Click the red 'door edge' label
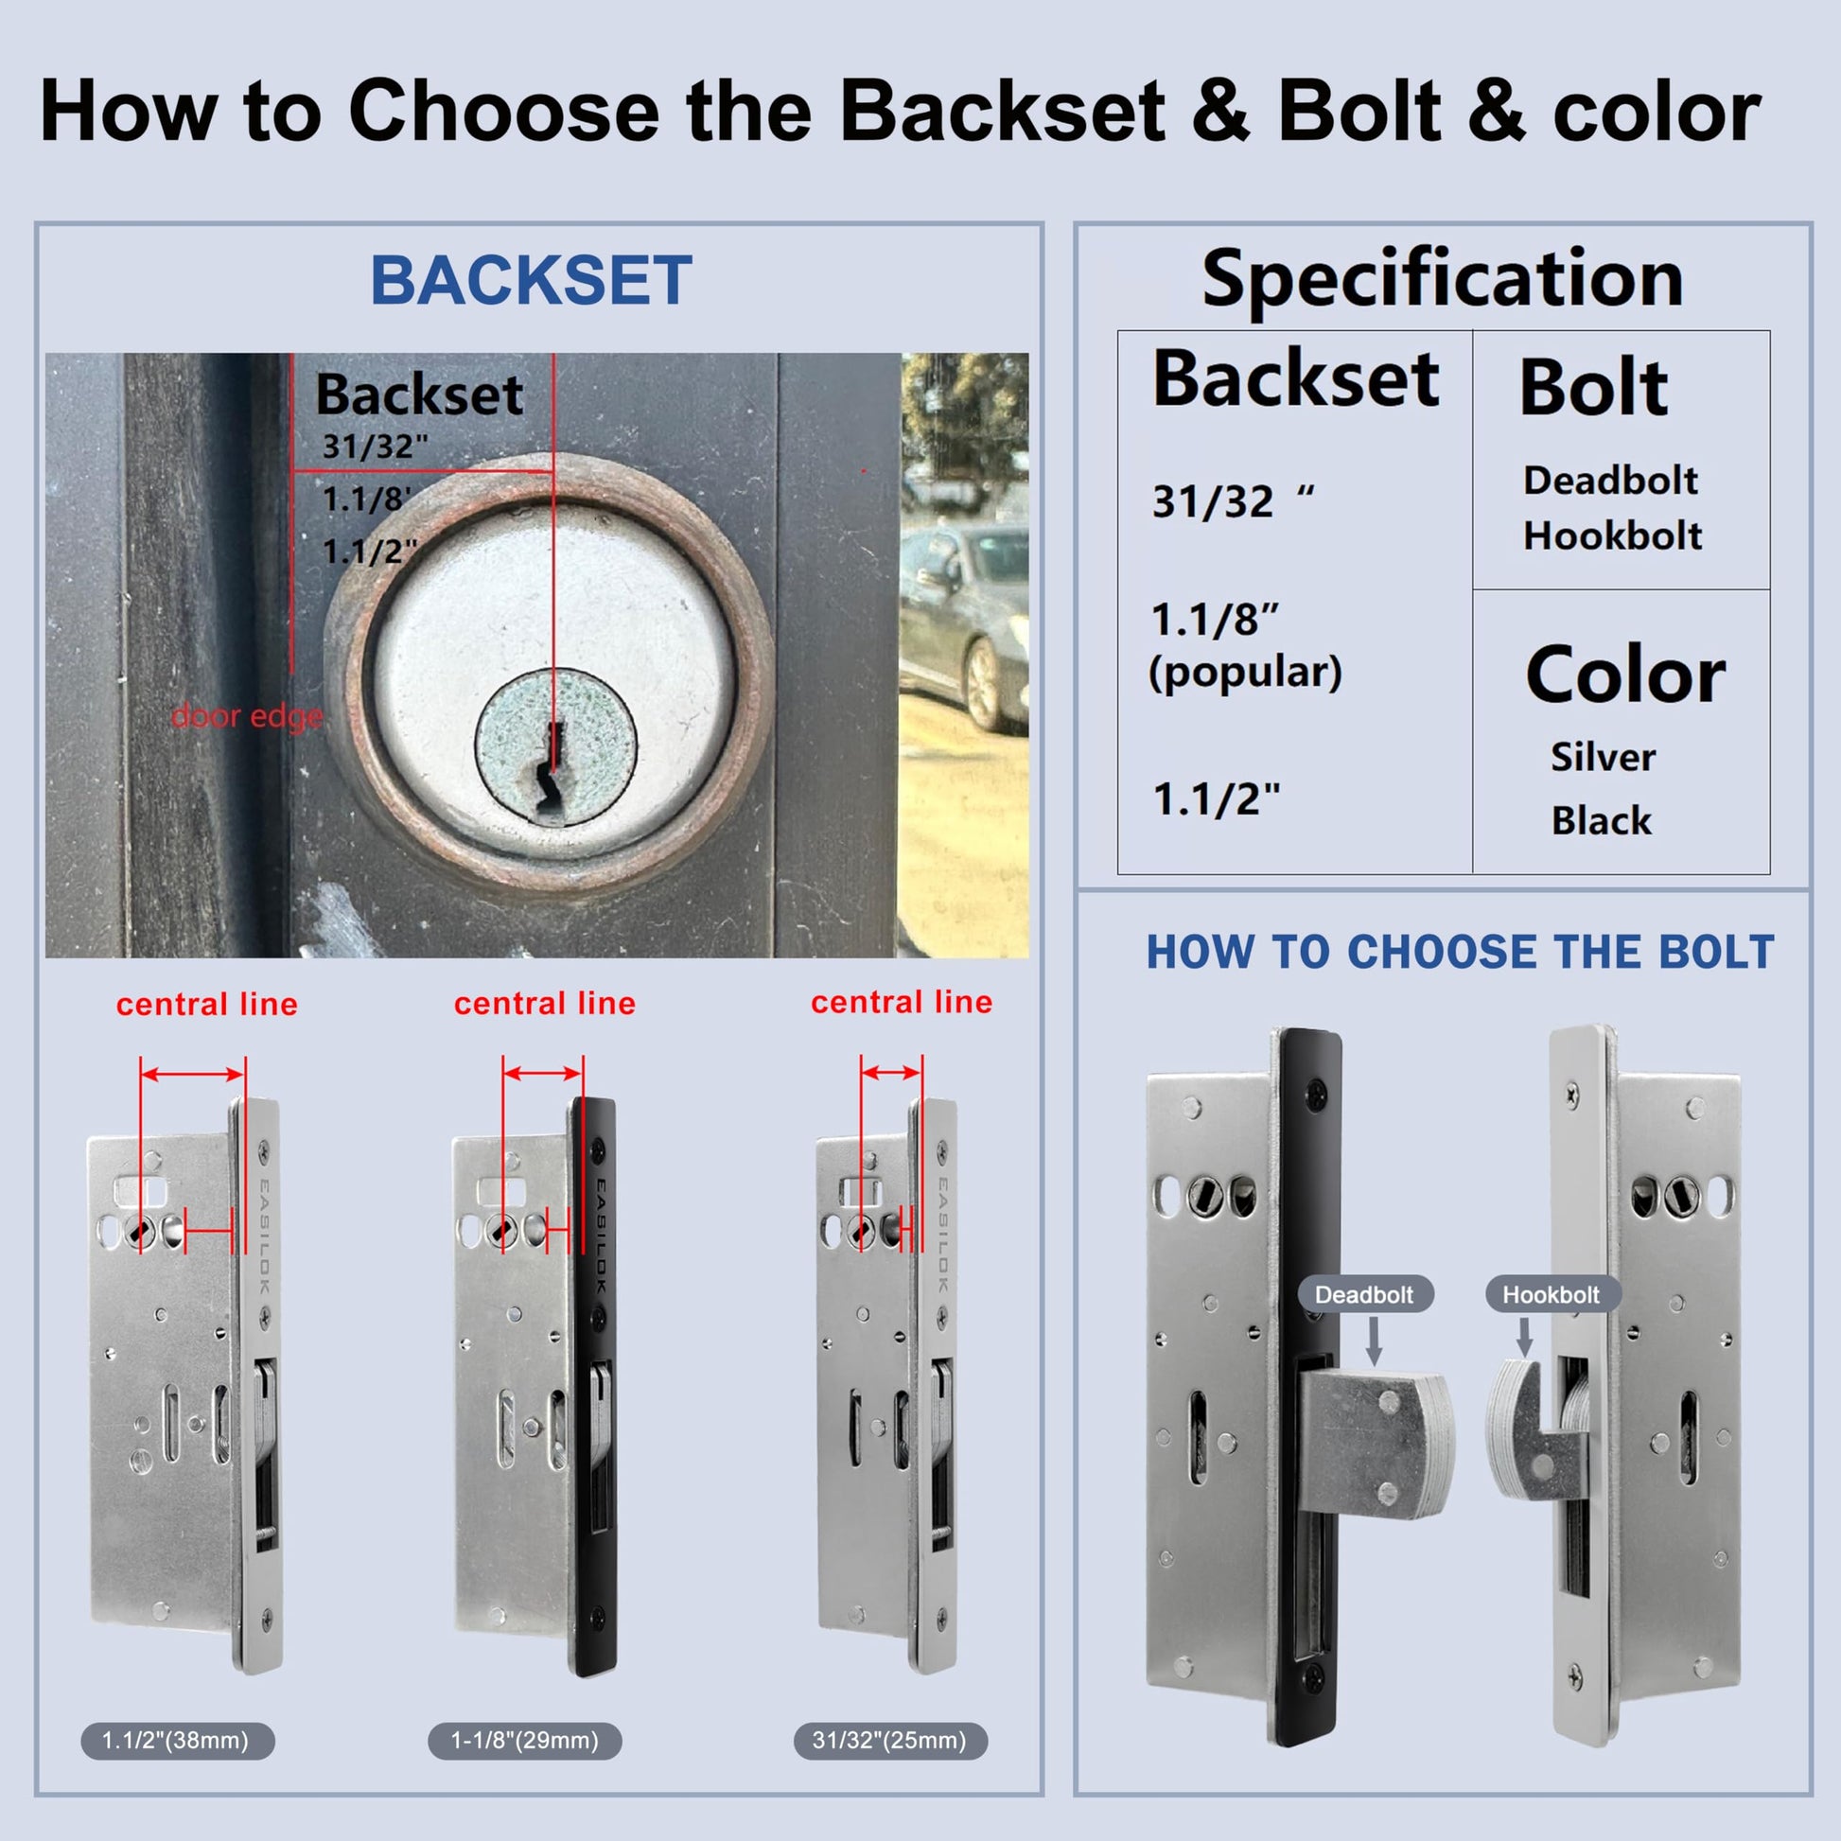pyautogui.click(x=247, y=716)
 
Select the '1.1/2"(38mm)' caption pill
pyautogui.click(x=177, y=1740)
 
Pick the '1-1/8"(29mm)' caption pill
pyautogui.click(x=525, y=1740)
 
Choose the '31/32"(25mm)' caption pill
pyautogui.click(x=890, y=1740)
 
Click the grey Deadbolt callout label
pyautogui.click(x=1364, y=1294)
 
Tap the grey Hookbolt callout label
pyautogui.click(x=1552, y=1294)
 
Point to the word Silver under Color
pyautogui.click(x=1603, y=758)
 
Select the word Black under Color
pyautogui.click(x=1602, y=820)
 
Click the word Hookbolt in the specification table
pyautogui.click(x=1612, y=535)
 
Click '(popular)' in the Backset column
pyautogui.click(x=1245, y=673)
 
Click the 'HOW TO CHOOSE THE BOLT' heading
pyautogui.click(x=1460, y=952)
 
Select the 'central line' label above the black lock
pyautogui.click(x=545, y=1004)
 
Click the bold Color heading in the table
pyautogui.click(x=1625, y=675)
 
